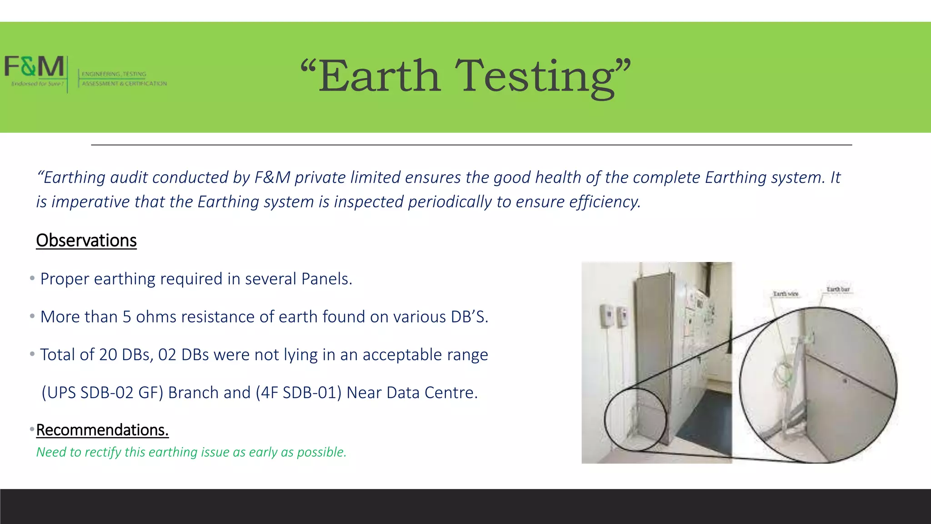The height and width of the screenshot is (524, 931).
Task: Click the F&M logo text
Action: pos(34,66)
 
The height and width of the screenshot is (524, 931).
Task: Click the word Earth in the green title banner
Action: pos(379,76)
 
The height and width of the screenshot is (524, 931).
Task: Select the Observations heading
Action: pos(86,240)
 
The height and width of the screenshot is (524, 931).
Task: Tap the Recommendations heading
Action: pos(102,430)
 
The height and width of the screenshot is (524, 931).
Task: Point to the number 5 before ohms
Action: pos(127,317)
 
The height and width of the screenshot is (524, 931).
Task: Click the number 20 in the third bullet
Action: pos(108,355)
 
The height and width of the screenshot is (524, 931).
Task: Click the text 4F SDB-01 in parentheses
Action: pos(298,393)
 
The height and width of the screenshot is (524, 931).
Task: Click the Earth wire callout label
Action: pos(786,294)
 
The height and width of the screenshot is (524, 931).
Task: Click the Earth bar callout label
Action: pos(838,289)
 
